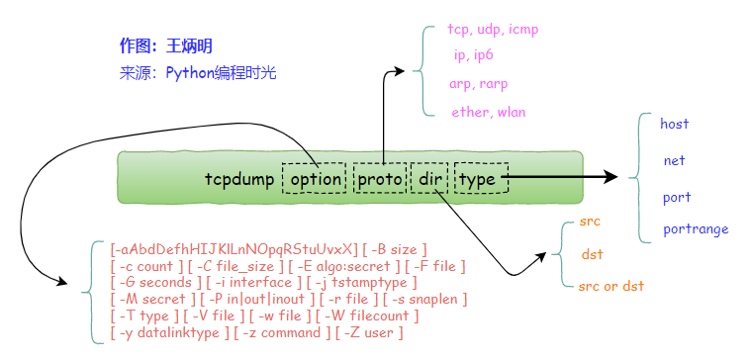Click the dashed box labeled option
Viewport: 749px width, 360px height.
315,179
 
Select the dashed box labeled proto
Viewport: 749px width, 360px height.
380,179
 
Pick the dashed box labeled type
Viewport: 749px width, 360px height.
481,179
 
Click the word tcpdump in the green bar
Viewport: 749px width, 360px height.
238,179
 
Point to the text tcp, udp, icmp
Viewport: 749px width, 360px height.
493,29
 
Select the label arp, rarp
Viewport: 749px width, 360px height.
479,84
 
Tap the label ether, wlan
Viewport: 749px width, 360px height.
488,112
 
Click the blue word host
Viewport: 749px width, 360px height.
674,124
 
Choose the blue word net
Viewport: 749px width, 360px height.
675,160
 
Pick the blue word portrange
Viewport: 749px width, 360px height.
696,229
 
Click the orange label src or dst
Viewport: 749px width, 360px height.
610,286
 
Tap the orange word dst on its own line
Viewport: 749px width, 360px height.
592,254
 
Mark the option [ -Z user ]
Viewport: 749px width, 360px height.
369,332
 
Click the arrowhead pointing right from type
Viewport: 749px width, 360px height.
610,177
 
